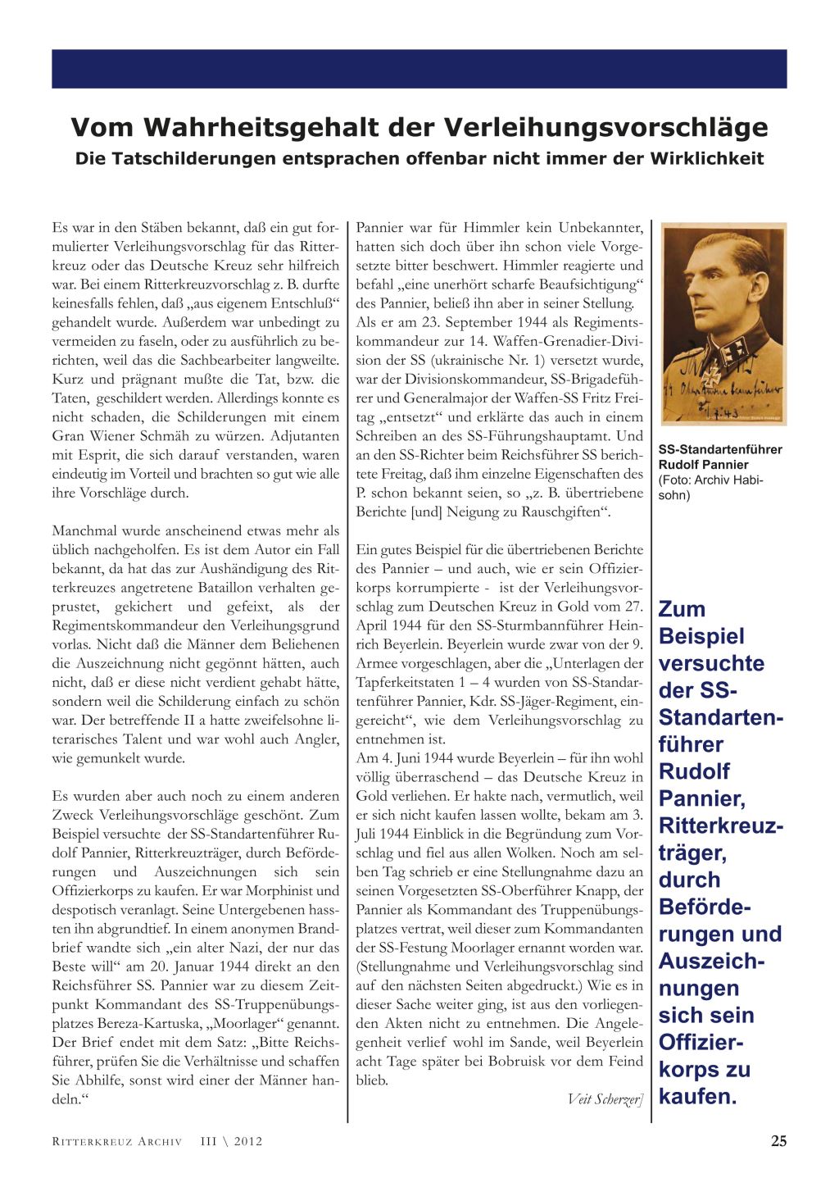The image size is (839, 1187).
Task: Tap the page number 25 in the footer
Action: tap(778, 1141)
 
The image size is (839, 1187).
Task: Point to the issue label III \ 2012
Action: tap(232, 1141)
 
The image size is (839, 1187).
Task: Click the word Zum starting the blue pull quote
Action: tap(682, 609)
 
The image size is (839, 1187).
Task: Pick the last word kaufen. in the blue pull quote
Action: tap(697, 1097)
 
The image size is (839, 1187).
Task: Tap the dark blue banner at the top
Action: tap(419, 69)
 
